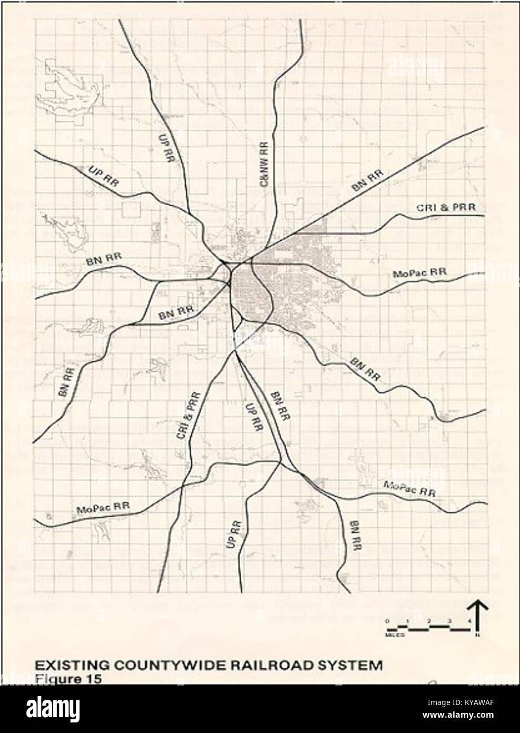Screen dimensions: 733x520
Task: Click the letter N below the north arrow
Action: tap(477, 635)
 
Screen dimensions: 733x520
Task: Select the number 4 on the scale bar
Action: tap(469, 621)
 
